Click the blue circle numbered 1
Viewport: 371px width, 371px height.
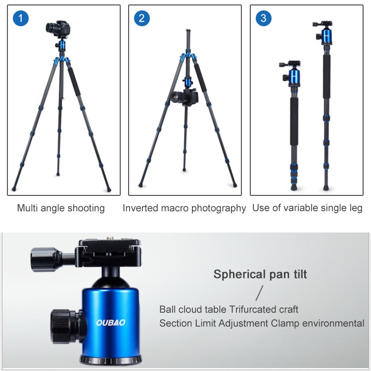20,19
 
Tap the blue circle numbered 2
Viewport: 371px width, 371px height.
141,19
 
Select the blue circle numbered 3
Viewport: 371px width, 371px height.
263,19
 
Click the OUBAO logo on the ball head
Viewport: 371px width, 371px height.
111,323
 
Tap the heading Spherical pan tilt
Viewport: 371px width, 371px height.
260,274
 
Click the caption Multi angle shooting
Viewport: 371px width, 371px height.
61,208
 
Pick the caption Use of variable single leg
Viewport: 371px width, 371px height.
307,208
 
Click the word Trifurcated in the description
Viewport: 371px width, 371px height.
253,310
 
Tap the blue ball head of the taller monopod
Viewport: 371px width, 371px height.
326,36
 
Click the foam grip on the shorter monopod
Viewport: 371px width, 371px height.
294,114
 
